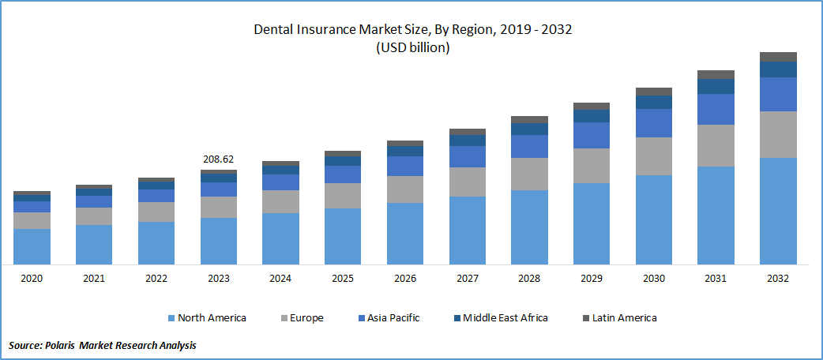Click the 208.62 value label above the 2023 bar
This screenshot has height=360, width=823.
[219, 159]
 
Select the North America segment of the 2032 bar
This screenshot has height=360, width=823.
[778, 211]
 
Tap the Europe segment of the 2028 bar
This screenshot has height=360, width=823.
[529, 174]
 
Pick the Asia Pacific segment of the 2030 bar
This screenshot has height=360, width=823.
[654, 123]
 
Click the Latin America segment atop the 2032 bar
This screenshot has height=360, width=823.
[778, 57]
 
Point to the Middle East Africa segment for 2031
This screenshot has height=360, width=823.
[716, 86]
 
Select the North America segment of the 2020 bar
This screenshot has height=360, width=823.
[32, 246]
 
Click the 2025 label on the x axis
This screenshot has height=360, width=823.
[343, 279]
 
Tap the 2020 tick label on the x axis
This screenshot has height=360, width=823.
[32, 279]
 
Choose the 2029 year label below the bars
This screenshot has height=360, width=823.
[592, 279]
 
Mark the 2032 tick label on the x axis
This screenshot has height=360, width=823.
[778, 279]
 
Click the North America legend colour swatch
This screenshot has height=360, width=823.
[171, 318]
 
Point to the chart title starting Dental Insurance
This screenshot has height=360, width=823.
[411, 30]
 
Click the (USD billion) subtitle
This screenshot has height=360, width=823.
[411, 47]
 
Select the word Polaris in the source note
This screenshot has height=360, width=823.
[62, 345]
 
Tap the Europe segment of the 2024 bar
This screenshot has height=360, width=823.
[280, 201]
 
